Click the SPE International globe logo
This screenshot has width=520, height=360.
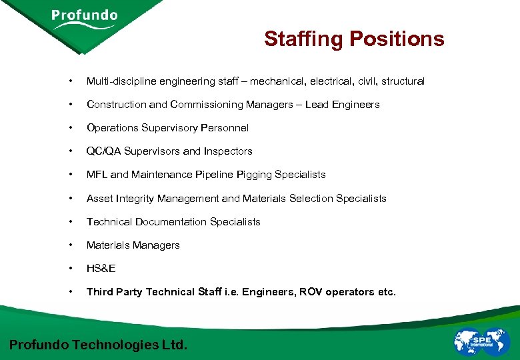coord(481,341)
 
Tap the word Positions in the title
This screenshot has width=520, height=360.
coord(397,39)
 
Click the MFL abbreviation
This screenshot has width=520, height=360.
coord(97,175)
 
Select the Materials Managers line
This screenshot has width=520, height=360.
coord(133,245)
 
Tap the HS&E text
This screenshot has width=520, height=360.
coord(101,269)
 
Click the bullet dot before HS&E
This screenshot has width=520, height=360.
coord(70,269)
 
